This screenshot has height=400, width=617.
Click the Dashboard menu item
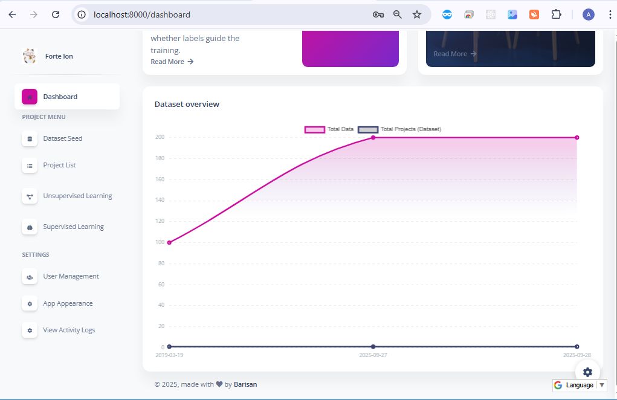[x=60, y=97]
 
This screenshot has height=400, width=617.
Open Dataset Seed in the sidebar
[x=62, y=138]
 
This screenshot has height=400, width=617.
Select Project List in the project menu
[x=59, y=165]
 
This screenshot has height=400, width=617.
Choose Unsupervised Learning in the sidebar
[x=77, y=196]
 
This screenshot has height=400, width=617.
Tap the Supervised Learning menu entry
[x=73, y=227]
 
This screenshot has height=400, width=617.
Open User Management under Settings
[x=71, y=276]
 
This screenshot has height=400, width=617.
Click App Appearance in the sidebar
[x=68, y=303]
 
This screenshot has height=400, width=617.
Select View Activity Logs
[x=69, y=330]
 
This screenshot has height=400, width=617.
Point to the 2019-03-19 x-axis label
[x=169, y=355]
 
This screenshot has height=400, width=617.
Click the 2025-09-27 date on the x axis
[x=373, y=355]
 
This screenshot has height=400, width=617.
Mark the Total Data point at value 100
[x=169, y=242]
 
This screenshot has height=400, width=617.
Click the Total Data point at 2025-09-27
[x=373, y=138]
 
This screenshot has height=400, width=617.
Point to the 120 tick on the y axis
[x=161, y=221]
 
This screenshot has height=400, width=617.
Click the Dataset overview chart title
[x=187, y=104]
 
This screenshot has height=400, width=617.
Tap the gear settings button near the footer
[x=587, y=372]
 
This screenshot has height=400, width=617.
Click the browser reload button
[x=56, y=15]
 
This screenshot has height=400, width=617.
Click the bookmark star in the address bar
[x=417, y=15]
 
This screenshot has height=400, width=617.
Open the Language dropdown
[x=580, y=385]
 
